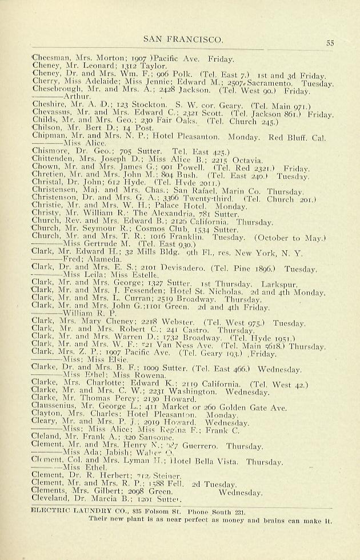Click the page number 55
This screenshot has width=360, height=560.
point(330,42)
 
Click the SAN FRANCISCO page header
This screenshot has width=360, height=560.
point(182,39)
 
